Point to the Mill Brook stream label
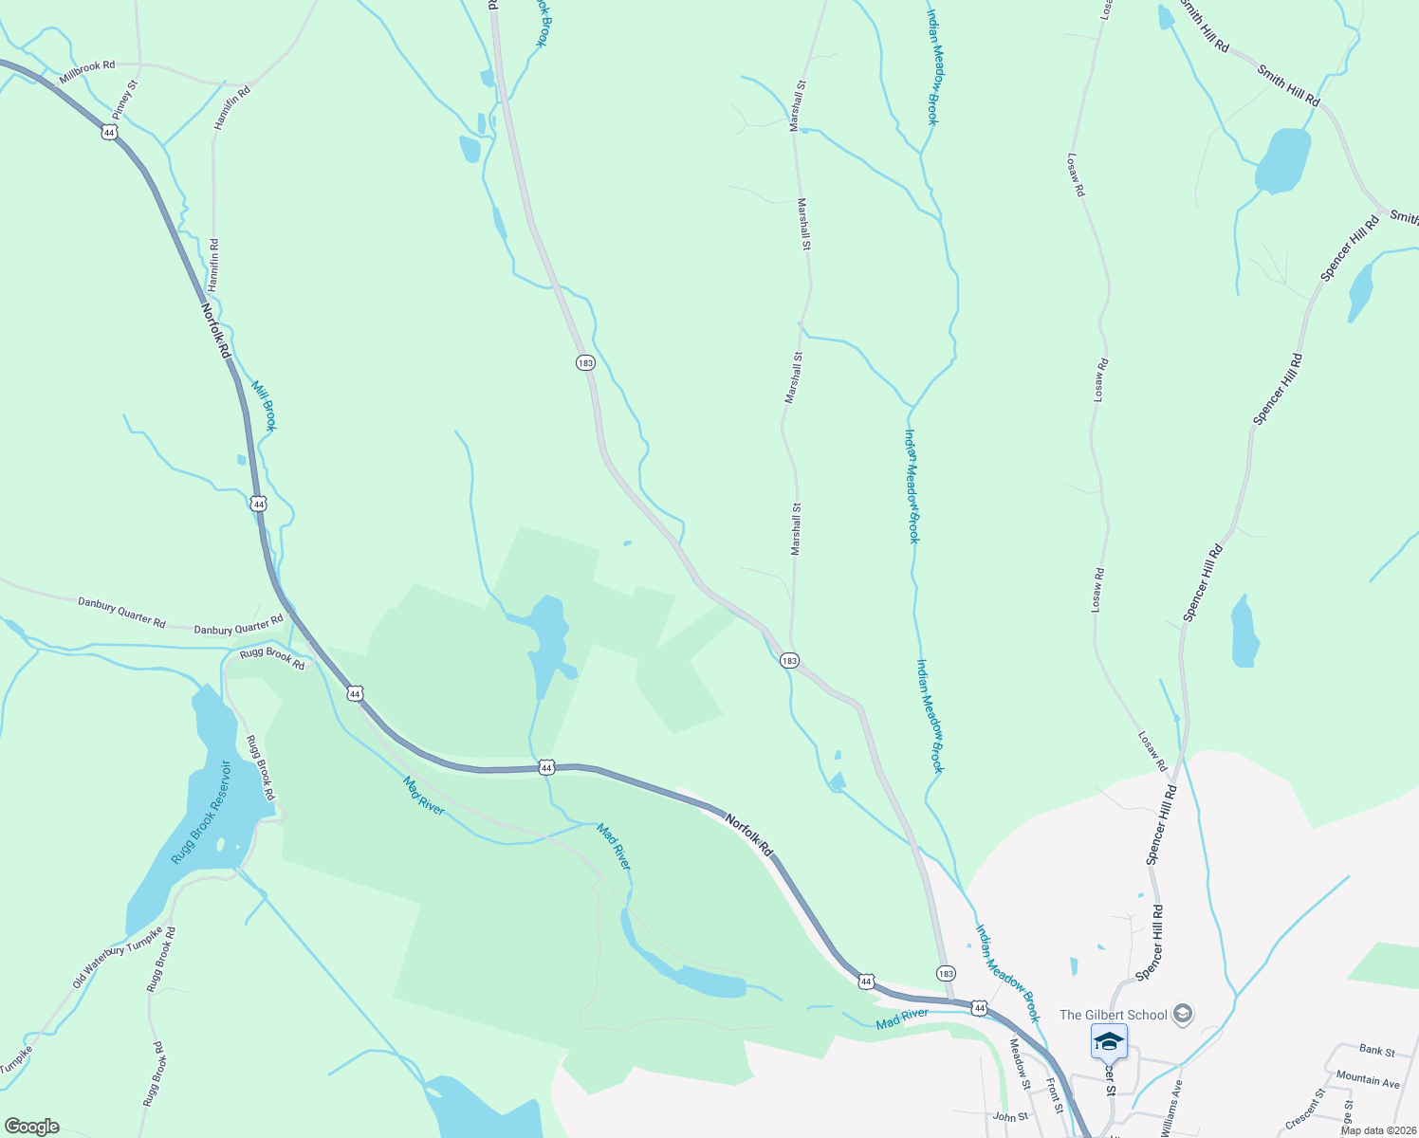(x=264, y=406)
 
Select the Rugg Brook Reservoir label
(x=201, y=813)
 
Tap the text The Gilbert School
(x=1114, y=1015)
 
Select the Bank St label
(x=1376, y=1051)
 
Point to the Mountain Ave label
(x=1367, y=1079)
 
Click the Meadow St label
(x=1020, y=1064)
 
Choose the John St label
(x=1009, y=1117)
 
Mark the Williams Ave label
(x=1170, y=1107)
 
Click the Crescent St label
(x=1305, y=1109)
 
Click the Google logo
(x=31, y=1127)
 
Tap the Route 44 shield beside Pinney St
(x=109, y=133)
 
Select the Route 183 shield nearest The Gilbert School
(x=945, y=974)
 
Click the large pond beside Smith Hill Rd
(x=1283, y=159)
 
